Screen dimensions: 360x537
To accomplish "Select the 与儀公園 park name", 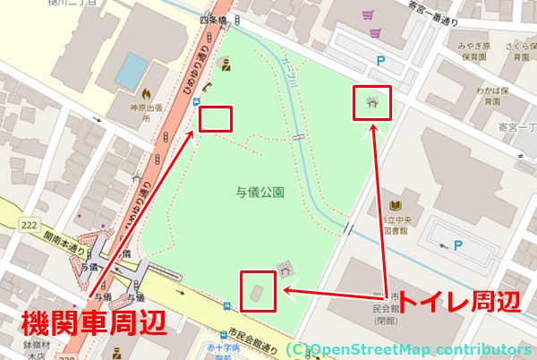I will (260, 191).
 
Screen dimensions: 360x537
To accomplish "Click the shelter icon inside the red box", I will (371, 102).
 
